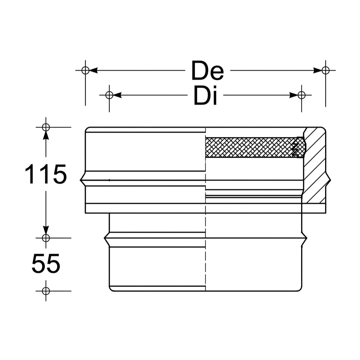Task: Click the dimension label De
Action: [x=208, y=70]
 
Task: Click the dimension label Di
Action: [x=206, y=95]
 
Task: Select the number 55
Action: [x=46, y=263]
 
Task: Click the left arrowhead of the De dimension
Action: [x=93, y=70]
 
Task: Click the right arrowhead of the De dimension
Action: [x=318, y=70]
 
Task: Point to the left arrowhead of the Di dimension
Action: [x=117, y=95]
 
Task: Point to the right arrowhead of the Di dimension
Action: [x=294, y=95]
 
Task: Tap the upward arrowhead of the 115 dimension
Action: [x=46, y=135]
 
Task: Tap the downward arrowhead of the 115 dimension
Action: [x=46, y=230]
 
